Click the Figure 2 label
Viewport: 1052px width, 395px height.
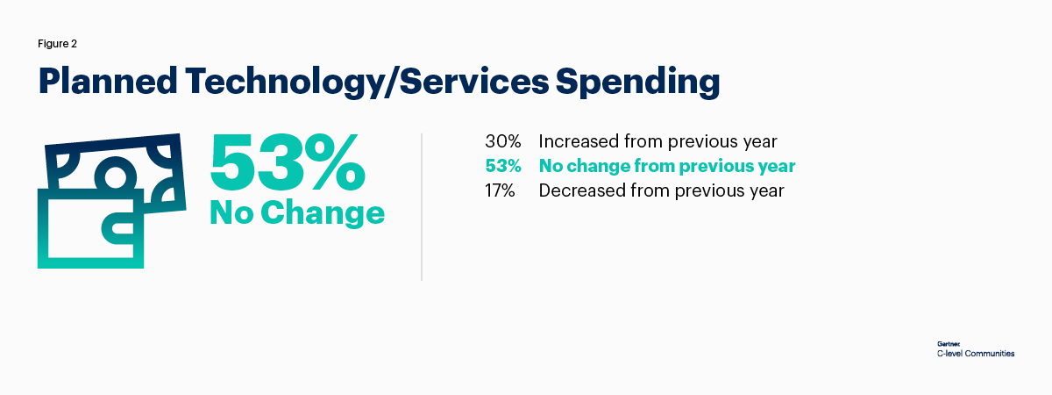[58, 43]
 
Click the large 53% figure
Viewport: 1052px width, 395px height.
[288, 164]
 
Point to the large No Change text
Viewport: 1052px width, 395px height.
[296, 212]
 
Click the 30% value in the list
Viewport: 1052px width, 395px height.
[503, 141]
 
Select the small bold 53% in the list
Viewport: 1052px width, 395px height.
[503, 166]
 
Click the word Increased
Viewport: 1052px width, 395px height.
[579, 141]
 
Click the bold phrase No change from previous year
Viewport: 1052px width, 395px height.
[666, 166]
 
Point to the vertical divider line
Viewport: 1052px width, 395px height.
[422, 207]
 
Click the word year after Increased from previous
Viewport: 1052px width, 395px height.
[758, 141]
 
